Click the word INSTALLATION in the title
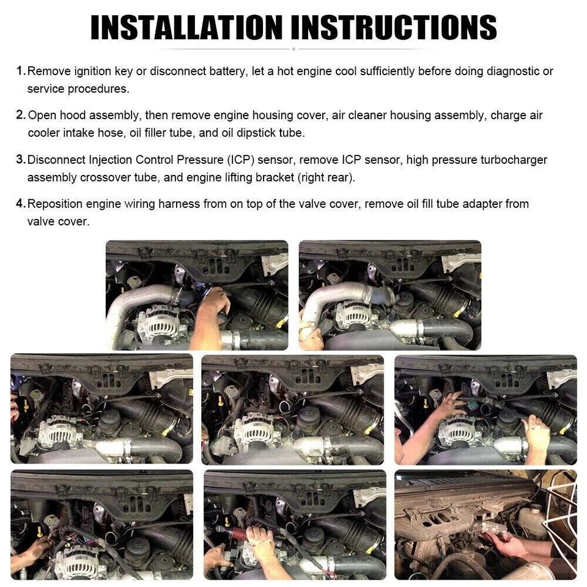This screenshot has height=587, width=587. [x=186, y=28]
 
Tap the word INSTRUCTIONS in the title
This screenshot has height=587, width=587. [x=394, y=28]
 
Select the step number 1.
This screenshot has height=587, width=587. [x=20, y=71]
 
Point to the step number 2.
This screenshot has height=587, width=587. [x=20, y=115]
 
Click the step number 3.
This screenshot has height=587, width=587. [x=20, y=160]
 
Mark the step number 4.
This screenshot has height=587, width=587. [x=20, y=204]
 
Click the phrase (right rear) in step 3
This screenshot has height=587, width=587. [x=323, y=177]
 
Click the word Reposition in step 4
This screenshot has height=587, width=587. [x=56, y=204]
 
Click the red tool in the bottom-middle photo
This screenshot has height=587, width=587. [x=235, y=533]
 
